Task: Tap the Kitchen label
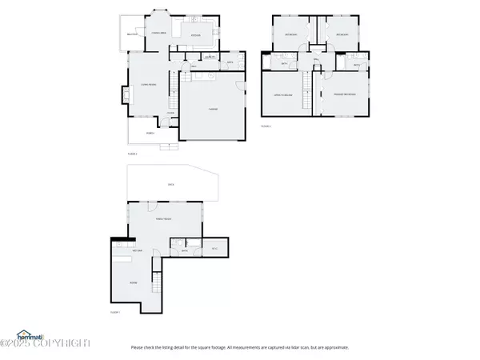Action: point(194,36)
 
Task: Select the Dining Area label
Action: point(158,33)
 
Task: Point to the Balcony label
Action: point(134,34)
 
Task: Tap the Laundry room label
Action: point(209,58)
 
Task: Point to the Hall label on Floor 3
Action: point(316,60)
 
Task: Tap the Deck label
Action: point(170,184)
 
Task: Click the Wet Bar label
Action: point(127,250)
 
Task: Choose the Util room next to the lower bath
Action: point(214,250)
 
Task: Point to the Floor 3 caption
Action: point(266,126)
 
